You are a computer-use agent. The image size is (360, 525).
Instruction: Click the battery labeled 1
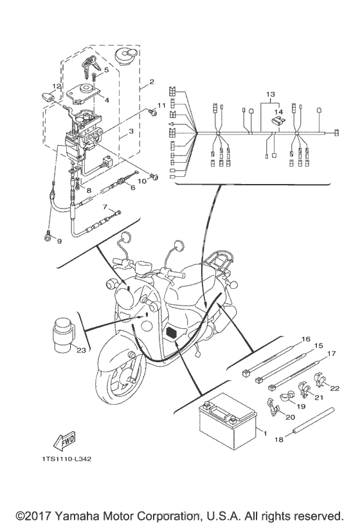pyautogui.click(x=228, y=421)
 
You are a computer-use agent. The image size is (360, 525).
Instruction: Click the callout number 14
pyautogui.click(x=278, y=112)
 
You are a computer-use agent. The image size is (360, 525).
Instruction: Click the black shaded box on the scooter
pyautogui.click(x=172, y=333)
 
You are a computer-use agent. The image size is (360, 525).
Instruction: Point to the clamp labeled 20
pyautogui.click(x=273, y=407)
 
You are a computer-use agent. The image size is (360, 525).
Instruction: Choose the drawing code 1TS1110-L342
pyautogui.click(x=67, y=459)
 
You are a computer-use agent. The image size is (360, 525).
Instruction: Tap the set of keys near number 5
pyautogui.click(x=89, y=66)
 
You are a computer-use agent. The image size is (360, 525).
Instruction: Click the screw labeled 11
pyautogui.click(x=152, y=112)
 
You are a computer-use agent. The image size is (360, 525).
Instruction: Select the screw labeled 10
pyautogui.click(x=154, y=176)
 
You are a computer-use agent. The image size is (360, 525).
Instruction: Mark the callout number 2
pyautogui.click(x=152, y=82)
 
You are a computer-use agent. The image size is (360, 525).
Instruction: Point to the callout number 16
pyautogui.click(x=306, y=339)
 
